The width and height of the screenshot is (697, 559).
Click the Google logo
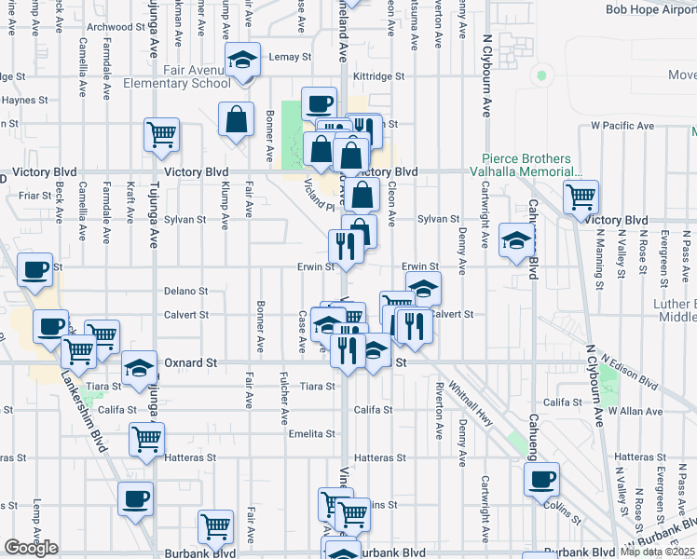tap(31, 548)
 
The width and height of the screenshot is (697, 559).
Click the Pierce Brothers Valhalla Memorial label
tap(532, 166)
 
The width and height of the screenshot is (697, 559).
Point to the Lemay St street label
tap(290, 57)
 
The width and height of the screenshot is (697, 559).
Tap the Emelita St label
tap(312, 433)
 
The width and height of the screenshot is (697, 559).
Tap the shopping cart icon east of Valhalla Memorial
tap(581, 197)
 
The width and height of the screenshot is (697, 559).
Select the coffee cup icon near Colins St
tap(541, 480)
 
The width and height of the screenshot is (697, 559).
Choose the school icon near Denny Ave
tap(516, 240)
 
